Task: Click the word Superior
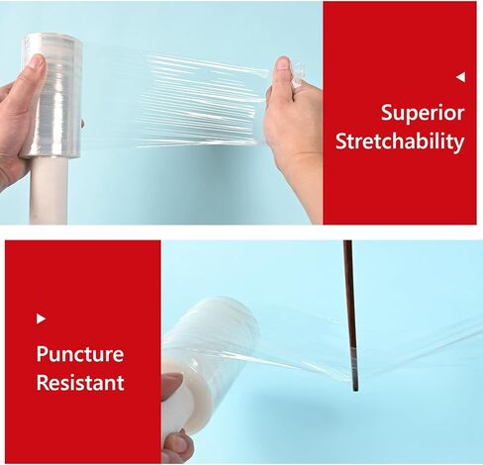pos(423,112)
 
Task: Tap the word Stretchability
pos(399,141)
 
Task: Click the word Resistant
pos(79,382)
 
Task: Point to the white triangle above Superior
pos(460,77)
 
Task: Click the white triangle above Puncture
pos(41,319)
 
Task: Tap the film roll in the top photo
pos(52,94)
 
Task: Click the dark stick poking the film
pos(349,307)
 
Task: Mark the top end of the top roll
pos(50,40)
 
